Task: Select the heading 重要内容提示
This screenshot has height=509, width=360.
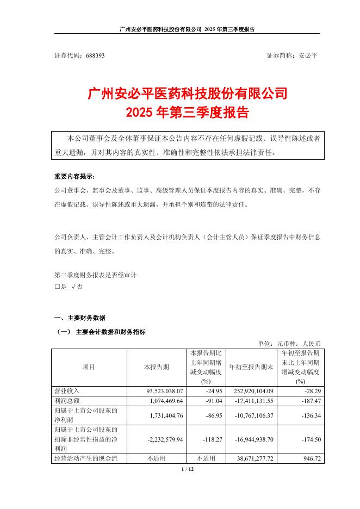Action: (73, 177)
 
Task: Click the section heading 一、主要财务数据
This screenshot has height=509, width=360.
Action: (79, 318)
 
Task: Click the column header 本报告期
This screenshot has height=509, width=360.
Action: (156, 367)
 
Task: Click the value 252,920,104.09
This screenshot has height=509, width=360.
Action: (250, 390)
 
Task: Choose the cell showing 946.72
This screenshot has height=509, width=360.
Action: (312, 458)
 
